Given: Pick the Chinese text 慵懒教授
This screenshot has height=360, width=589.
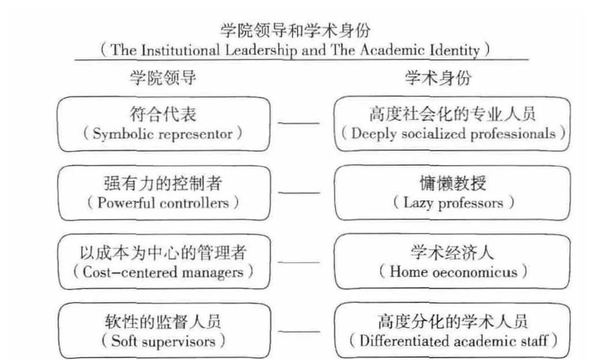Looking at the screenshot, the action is (x=453, y=183).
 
